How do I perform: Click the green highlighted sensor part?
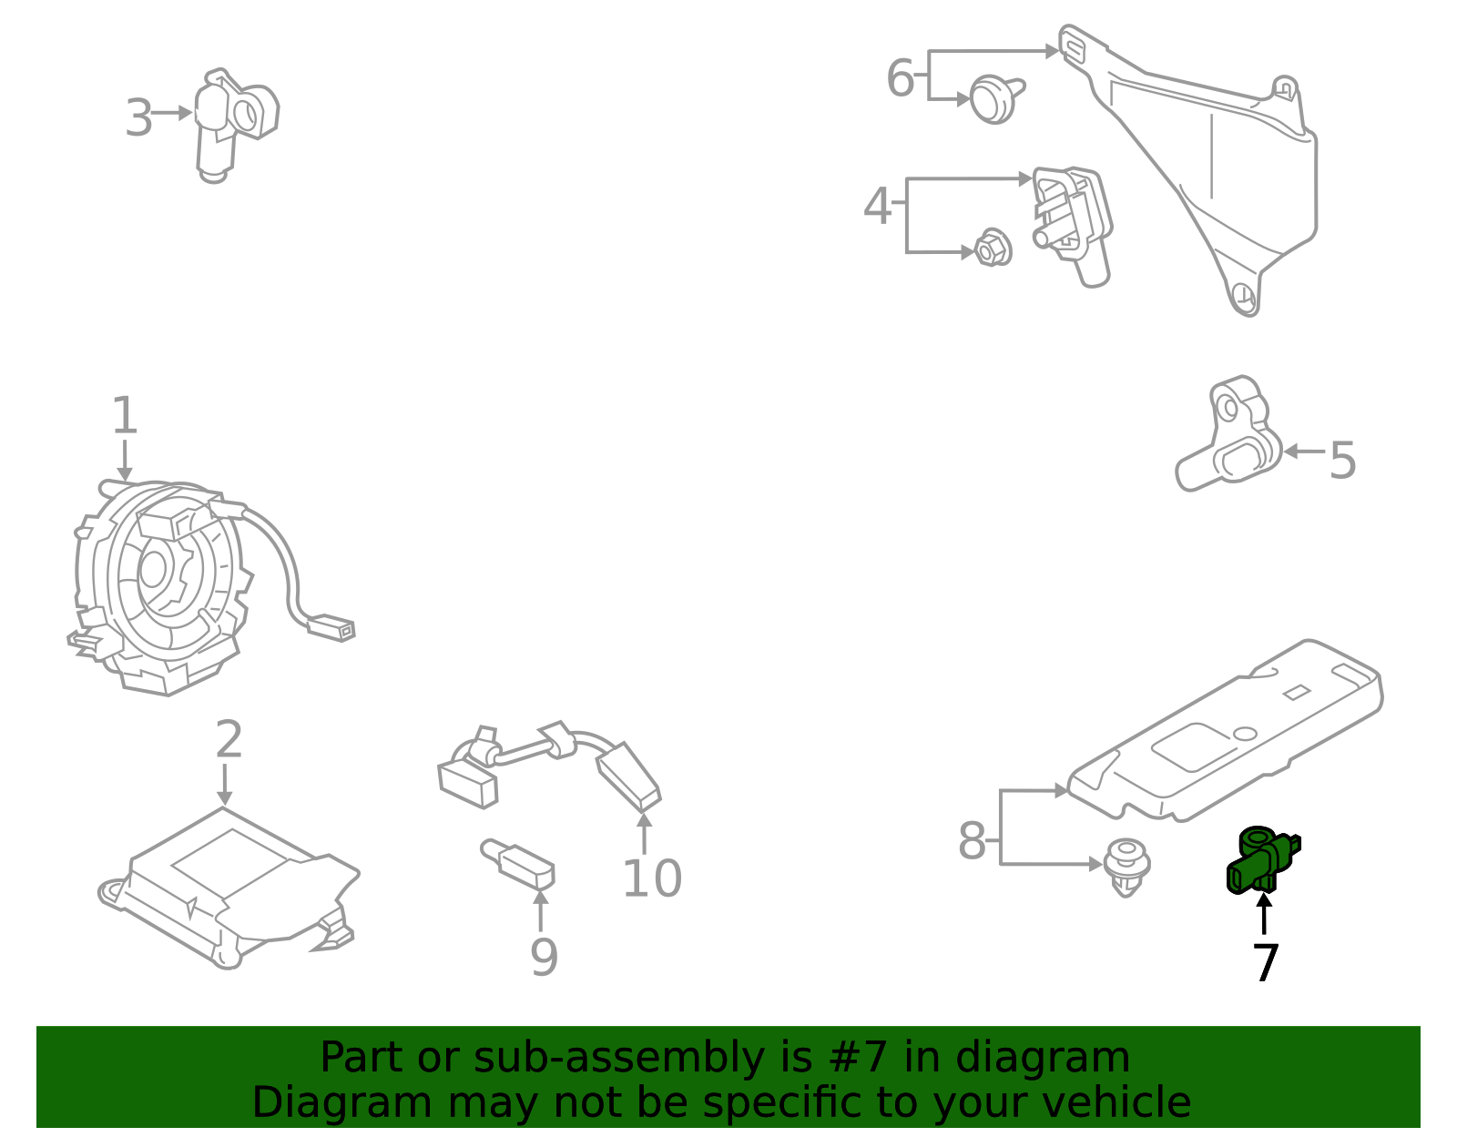pos(1261,860)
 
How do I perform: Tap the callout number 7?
pos(1266,963)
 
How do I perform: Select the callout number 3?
pos(138,118)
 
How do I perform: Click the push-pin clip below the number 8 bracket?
pos(1126,867)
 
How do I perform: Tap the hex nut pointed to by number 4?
pos(993,249)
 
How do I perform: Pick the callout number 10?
pos(651,878)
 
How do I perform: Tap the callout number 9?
pos(544,958)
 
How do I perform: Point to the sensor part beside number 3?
pos(232,123)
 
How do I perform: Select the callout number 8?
pos(972,841)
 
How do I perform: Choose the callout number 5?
pos(1342,461)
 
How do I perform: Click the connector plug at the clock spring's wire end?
pos(332,628)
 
